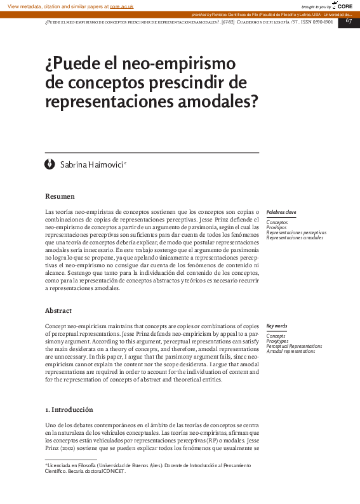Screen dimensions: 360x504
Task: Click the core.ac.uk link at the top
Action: [121, 6]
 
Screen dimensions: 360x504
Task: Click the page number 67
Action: [349, 21]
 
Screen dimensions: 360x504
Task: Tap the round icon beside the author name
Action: [50, 164]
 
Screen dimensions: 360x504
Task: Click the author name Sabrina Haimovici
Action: [93, 165]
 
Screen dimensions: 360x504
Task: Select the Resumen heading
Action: [60, 196]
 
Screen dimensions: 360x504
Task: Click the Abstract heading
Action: [58, 310]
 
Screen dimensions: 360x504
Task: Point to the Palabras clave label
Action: [281, 212]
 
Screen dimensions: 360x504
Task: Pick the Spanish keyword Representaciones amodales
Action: [295, 237]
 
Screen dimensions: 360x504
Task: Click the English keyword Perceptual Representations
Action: [294, 346]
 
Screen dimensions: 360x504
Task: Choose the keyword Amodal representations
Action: [291, 351]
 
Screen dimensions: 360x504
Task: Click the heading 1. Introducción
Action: [69, 409]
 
